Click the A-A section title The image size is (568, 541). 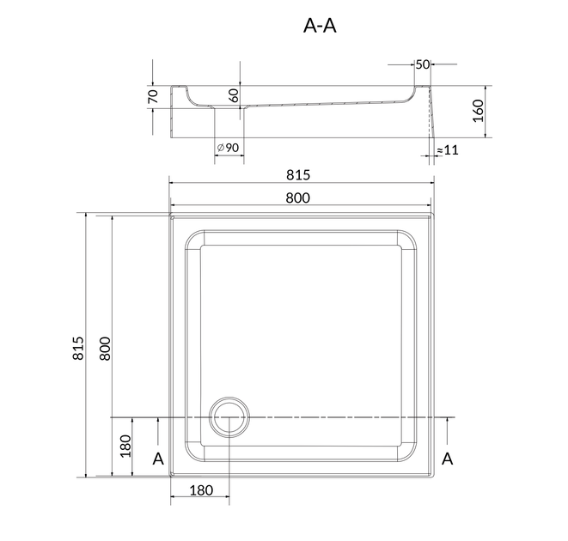[320, 26]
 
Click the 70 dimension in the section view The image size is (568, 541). [154, 96]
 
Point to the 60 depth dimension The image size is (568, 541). [235, 95]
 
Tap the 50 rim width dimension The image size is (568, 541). [423, 64]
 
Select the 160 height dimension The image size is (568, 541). [478, 111]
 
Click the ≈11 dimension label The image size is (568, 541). [448, 150]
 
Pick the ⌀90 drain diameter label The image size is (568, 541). [228, 148]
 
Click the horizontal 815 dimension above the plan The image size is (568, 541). [298, 175]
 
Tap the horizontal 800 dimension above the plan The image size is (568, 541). [298, 198]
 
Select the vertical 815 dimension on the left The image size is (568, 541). [78, 348]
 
